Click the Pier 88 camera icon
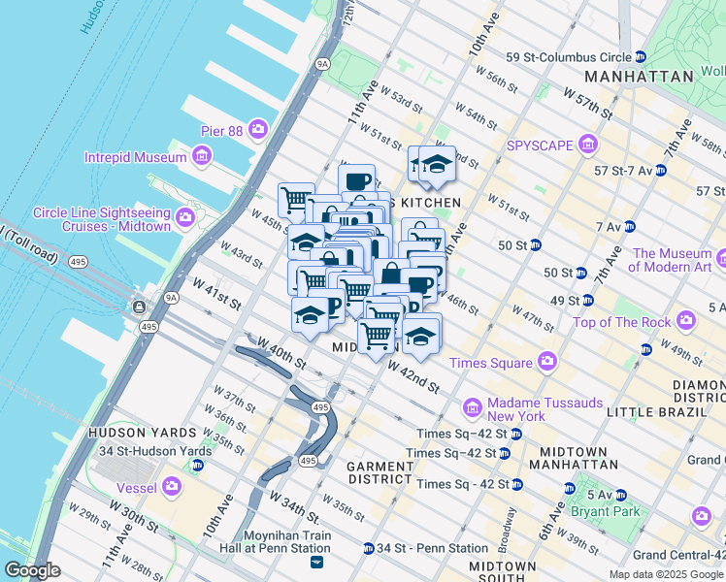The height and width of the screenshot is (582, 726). (x=257, y=128)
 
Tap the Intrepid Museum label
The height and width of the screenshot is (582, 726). (x=135, y=157)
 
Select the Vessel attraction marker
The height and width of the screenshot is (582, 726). (x=172, y=485)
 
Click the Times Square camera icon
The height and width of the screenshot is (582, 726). (x=547, y=362)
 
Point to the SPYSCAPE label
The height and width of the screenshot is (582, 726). (x=541, y=146)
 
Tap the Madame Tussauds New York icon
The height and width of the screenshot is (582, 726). (x=473, y=408)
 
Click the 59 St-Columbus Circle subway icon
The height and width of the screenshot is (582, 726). (x=640, y=56)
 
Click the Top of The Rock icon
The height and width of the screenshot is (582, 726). (x=686, y=320)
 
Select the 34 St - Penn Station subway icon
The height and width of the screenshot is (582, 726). (x=368, y=548)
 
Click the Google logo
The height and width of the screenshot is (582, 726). (x=32, y=570)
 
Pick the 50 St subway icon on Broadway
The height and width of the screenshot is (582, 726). (x=580, y=273)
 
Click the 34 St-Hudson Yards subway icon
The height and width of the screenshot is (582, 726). (x=198, y=465)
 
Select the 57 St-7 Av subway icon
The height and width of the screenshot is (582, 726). (x=660, y=170)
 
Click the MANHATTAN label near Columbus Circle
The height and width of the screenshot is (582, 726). (x=640, y=76)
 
